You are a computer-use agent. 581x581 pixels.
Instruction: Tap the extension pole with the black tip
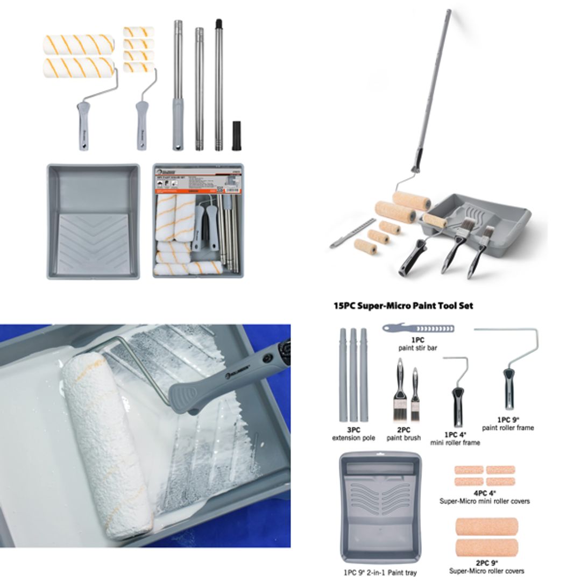click(219, 86)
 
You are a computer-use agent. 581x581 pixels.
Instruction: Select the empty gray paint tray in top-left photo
click(93, 221)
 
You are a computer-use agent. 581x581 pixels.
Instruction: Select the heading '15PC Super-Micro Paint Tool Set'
click(403, 306)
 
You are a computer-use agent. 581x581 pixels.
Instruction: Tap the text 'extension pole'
click(353, 438)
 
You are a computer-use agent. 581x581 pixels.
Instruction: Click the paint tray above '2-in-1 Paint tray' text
click(380, 506)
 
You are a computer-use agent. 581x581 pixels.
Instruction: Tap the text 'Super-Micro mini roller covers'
click(484, 501)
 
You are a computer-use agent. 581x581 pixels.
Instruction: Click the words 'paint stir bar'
click(417, 348)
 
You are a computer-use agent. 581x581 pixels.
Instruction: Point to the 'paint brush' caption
click(403, 438)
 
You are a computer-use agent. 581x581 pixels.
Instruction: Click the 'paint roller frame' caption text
click(508, 428)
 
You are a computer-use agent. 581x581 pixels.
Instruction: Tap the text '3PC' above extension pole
click(353, 430)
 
